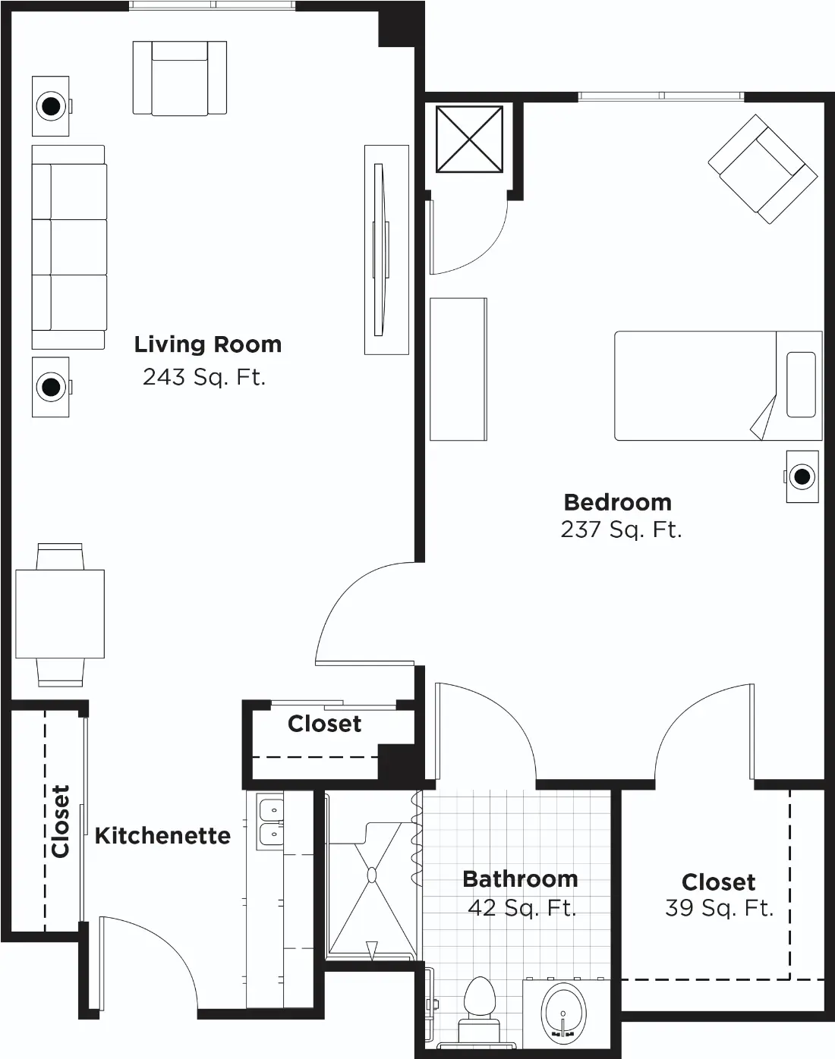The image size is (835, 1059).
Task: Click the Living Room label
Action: point(208,344)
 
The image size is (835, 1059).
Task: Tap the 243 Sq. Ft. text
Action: point(204,378)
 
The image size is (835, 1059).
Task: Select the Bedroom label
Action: point(618,502)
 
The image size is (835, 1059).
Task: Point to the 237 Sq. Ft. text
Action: point(621,530)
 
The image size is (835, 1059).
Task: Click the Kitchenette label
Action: point(162,835)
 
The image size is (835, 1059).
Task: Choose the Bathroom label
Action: point(520,879)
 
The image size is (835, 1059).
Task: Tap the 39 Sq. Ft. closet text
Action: point(719,908)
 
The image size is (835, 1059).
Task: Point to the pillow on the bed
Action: point(801,385)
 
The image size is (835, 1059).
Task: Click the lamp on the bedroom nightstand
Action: point(802,476)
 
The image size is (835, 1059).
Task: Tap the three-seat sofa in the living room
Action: point(69,247)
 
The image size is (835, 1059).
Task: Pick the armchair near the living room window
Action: point(180,78)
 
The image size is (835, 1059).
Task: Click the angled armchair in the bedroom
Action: point(763,169)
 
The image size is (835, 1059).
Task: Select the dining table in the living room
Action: point(60,614)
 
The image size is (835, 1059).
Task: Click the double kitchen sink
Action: point(270,824)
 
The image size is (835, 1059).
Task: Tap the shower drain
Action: point(372,875)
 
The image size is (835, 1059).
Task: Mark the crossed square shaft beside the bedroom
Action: point(469,140)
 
